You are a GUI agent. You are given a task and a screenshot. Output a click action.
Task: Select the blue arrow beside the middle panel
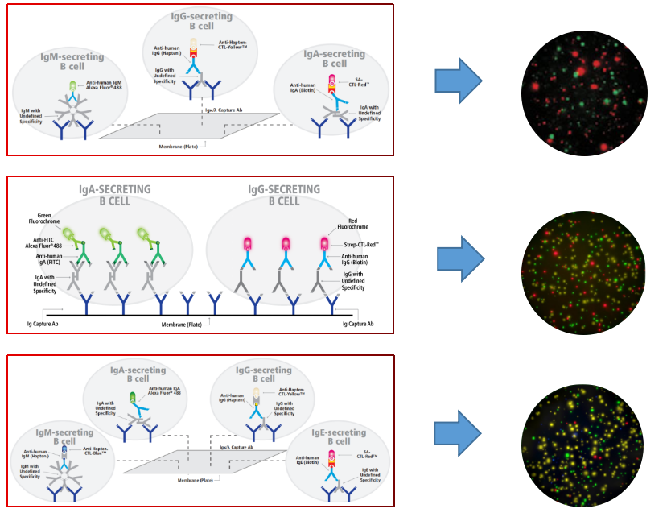460,259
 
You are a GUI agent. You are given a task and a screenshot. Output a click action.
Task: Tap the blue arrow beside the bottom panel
458,432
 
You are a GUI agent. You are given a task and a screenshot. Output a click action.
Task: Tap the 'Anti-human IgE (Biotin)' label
302,463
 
